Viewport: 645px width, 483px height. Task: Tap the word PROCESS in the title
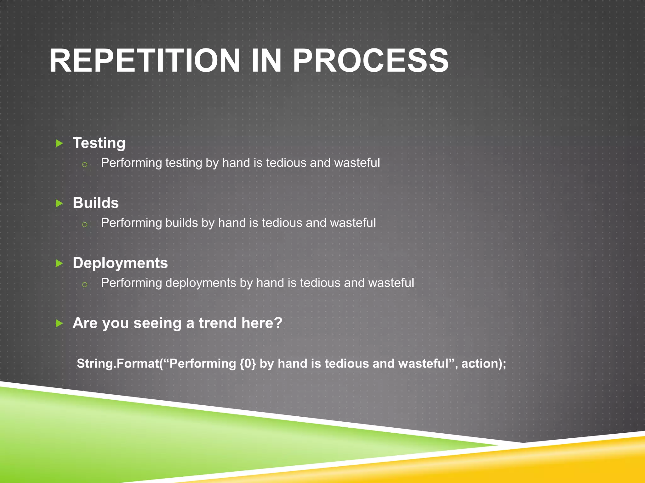371,61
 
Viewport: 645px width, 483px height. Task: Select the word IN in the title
266,61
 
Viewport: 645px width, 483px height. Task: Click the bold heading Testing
99,143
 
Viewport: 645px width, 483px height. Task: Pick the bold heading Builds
96,203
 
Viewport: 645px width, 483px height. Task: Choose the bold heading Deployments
120,263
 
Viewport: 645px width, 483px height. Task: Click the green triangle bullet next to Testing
59,144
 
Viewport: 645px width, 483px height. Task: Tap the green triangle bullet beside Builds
59,203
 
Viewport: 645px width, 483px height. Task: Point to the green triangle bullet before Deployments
59,264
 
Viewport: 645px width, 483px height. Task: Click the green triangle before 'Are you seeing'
59,323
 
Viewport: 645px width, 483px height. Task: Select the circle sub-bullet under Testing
84,164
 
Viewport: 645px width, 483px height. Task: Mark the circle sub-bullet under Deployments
84,285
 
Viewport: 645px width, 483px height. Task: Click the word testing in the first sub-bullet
184,163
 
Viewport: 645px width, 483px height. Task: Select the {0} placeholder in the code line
248,364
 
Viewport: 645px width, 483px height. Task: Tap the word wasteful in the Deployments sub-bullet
391,283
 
